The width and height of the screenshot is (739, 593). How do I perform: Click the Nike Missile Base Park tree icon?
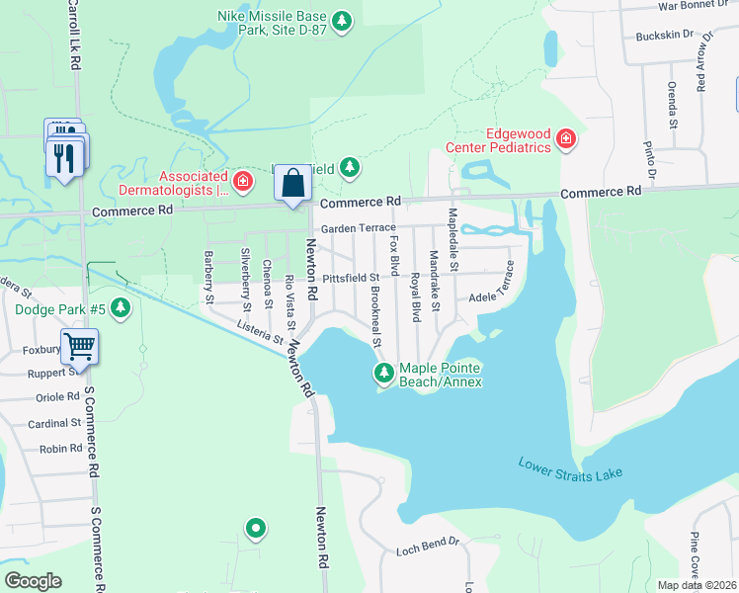[342, 21]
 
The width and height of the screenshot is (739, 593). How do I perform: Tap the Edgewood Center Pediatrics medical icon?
[565, 139]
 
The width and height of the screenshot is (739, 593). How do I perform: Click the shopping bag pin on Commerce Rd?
[292, 184]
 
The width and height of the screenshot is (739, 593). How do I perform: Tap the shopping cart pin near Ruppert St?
[80, 347]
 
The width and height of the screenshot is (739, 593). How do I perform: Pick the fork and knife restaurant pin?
[66, 156]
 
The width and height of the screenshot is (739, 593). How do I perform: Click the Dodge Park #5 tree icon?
[121, 308]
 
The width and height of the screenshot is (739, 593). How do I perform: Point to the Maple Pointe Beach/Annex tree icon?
[383, 373]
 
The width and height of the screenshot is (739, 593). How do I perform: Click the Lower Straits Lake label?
[571, 468]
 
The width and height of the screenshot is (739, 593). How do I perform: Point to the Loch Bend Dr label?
[428, 543]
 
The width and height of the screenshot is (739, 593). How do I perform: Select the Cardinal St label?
[54, 423]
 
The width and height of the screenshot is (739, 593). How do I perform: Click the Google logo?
[33, 580]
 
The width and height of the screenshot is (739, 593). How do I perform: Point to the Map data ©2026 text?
[696, 585]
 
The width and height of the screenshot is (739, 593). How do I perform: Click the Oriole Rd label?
[57, 397]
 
